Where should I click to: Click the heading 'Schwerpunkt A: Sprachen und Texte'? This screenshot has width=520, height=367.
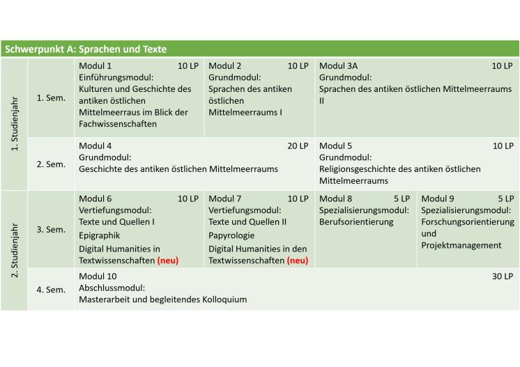click(x=86, y=49)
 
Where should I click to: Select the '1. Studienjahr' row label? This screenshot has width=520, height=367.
click(x=15, y=125)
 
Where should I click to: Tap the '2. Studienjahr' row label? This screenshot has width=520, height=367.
click(x=15, y=250)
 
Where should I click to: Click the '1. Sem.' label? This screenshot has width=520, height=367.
click(x=51, y=97)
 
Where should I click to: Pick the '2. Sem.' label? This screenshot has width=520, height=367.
click(x=51, y=164)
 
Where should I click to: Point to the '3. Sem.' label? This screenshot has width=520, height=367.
click(x=51, y=229)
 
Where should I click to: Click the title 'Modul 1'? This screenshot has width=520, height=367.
click(x=95, y=66)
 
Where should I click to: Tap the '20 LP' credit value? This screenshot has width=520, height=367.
click(x=298, y=146)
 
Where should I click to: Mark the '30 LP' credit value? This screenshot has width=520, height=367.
click(x=503, y=276)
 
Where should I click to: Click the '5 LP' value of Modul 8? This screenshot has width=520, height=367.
click(x=402, y=198)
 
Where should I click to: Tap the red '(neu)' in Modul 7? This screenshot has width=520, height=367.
click(x=298, y=260)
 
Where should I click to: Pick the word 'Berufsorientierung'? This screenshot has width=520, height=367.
click(x=356, y=222)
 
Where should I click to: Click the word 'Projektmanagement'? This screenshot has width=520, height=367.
click(x=461, y=245)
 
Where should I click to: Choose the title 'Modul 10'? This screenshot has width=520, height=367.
click(x=98, y=276)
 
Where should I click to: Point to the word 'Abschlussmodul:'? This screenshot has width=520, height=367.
click(x=112, y=288)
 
